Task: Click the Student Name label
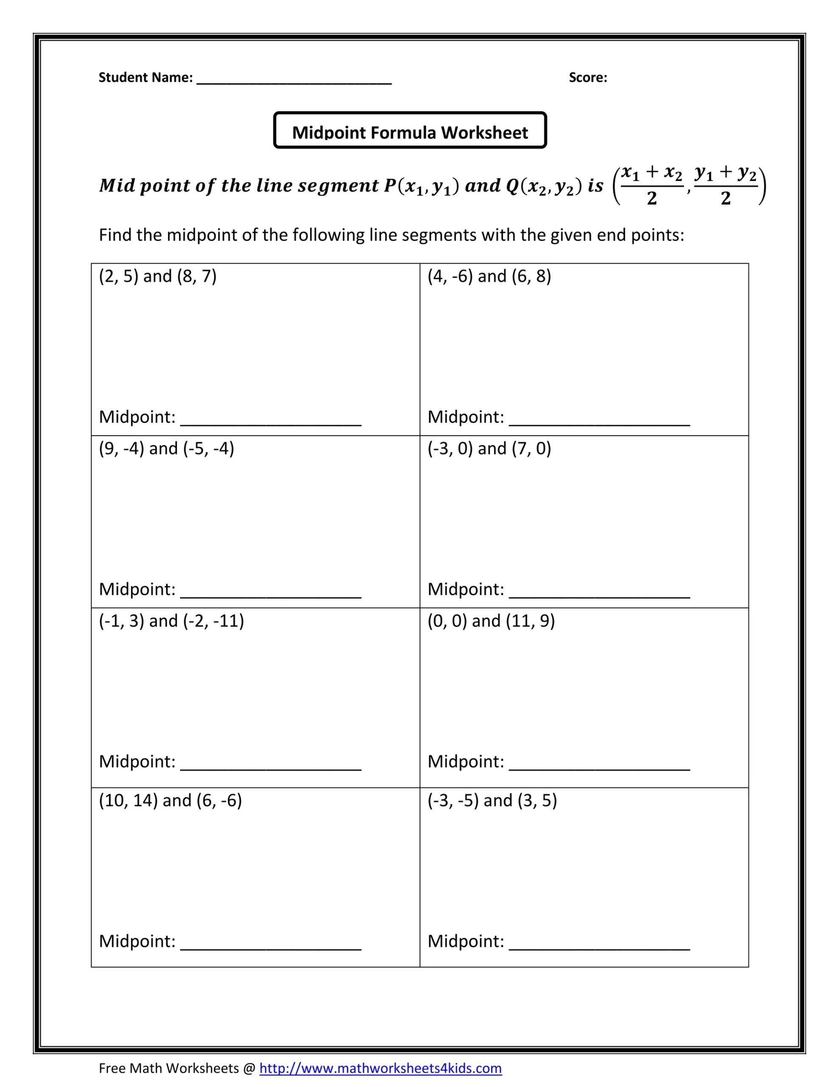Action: point(145,78)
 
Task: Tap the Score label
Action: point(588,78)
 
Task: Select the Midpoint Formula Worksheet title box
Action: point(410,130)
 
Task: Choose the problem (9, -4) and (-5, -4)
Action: point(166,448)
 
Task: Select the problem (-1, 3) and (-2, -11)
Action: point(171,621)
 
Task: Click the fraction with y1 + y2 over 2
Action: point(726,186)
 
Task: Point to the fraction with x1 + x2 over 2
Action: point(652,186)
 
